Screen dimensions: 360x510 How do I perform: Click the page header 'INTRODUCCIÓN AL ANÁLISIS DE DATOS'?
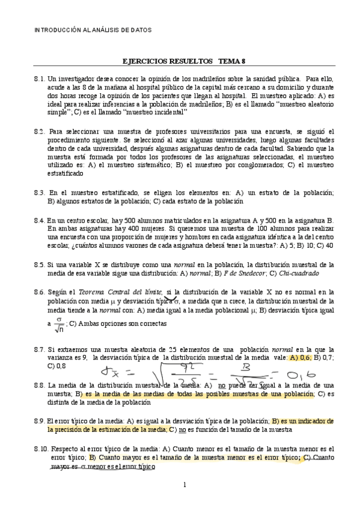[92, 29]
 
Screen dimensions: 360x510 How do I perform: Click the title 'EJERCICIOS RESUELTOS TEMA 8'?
[180, 61]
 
